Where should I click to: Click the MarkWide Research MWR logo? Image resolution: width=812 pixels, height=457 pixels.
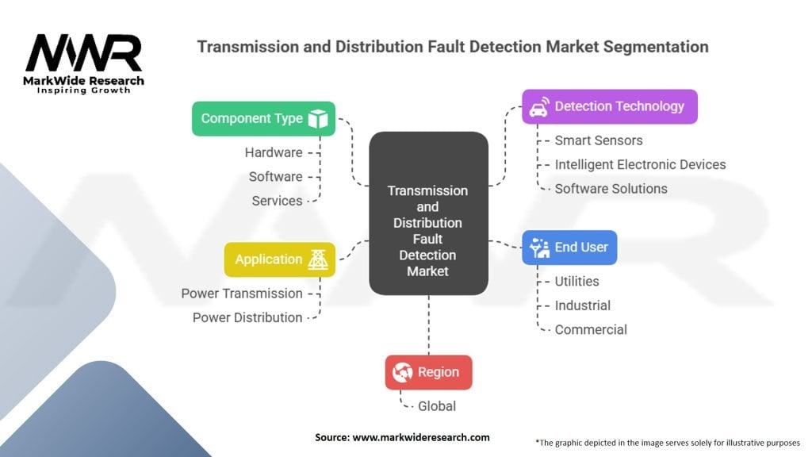coord(83,62)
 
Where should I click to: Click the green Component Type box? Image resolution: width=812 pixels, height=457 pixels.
coord(263,118)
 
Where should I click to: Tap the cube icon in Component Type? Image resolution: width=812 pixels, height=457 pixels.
coord(318,119)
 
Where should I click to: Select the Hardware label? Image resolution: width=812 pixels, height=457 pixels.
coord(273,152)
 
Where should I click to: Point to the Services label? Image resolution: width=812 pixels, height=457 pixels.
coord(277,201)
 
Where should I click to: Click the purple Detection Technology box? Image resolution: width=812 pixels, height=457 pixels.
coord(609,106)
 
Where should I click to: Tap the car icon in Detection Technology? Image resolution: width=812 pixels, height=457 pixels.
coord(538,106)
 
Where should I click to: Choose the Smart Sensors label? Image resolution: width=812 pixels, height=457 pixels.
coord(598,140)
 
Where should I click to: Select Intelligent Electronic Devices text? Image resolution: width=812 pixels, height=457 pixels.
coord(640,164)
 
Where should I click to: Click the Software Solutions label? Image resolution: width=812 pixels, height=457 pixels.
coord(611,188)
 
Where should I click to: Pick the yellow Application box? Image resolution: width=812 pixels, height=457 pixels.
coord(279,259)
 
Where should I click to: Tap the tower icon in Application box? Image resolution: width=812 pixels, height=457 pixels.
coord(318,259)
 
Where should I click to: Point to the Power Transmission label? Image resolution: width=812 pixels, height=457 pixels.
coord(242,294)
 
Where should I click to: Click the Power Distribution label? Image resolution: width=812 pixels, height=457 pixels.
coord(247,317)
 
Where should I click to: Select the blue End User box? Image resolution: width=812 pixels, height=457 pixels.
coord(569,248)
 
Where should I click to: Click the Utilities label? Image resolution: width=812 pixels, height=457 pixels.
coord(576,281)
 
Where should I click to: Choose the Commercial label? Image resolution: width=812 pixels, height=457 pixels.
coord(591,329)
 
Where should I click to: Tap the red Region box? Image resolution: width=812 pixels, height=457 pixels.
coord(428,372)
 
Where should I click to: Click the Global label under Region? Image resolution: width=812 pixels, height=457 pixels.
coord(437,406)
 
